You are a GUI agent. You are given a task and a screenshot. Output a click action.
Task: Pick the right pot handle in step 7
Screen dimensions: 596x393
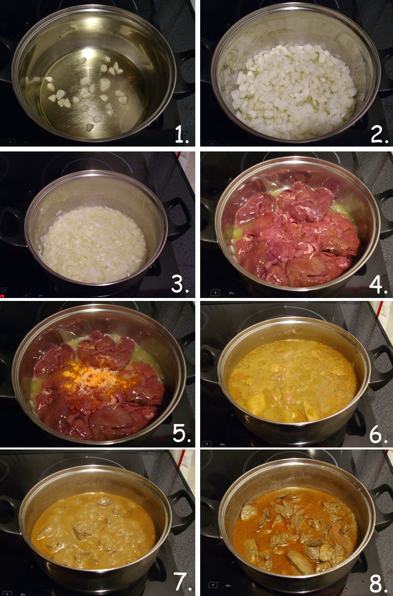[x=183, y=508]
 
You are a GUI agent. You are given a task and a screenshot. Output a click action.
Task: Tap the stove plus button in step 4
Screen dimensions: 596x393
[x=214, y=292]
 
